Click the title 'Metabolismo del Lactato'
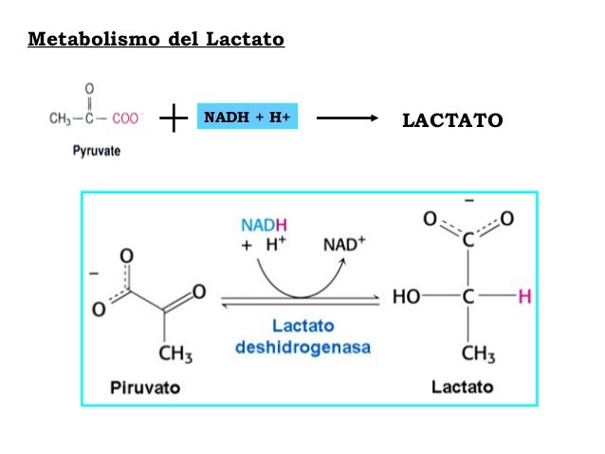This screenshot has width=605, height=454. (x=156, y=40)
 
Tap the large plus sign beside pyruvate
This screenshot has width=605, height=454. (x=174, y=119)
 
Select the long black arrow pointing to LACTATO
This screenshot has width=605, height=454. (x=353, y=119)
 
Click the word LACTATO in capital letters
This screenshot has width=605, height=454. (x=451, y=120)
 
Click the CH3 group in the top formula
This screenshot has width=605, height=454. (x=62, y=118)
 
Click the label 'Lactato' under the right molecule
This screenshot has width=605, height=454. (x=463, y=387)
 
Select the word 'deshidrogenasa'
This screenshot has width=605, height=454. (x=303, y=347)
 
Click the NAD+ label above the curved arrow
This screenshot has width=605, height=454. (x=344, y=244)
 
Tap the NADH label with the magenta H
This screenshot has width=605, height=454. (x=264, y=225)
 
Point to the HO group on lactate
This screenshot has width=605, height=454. (x=407, y=297)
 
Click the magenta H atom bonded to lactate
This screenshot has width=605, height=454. (x=524, y=297)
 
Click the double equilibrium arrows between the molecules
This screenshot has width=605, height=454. (x=302, y=302)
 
